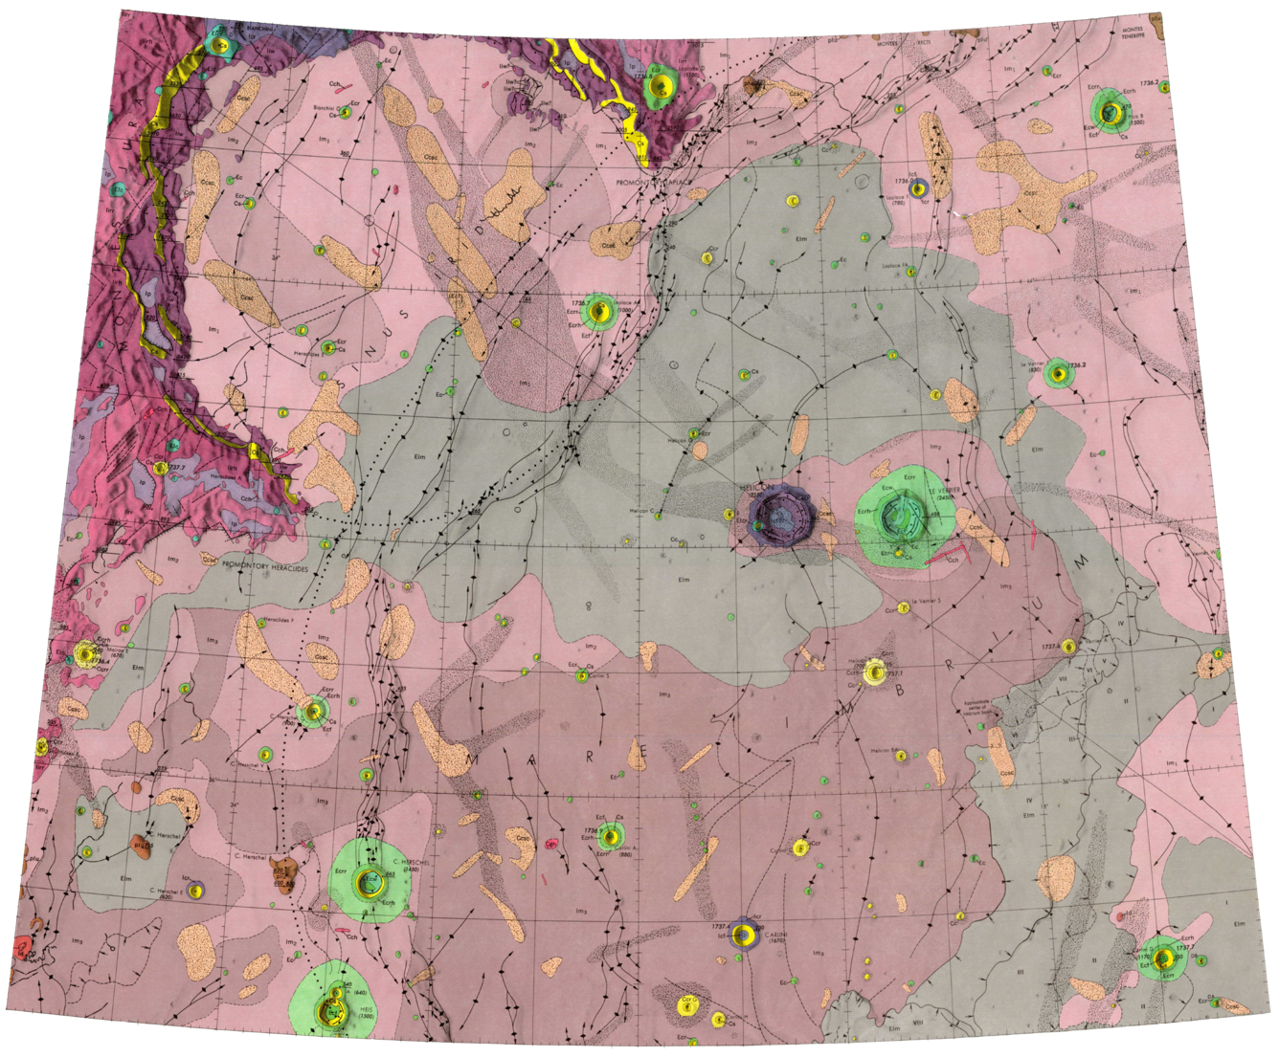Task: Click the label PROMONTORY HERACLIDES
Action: (260, 564)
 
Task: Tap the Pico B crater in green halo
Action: (1110, 112)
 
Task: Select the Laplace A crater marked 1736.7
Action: (600, 311)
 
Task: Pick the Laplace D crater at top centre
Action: (658, 83)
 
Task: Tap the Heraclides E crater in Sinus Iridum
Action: (328, 348)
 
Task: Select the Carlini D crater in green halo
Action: (1164, 958)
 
